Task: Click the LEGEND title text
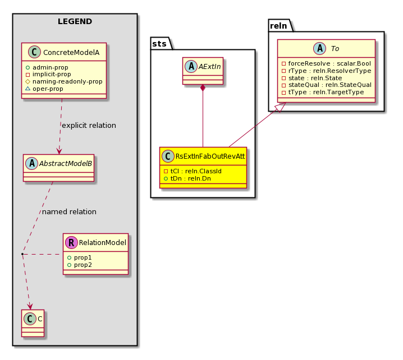tap(75, 21)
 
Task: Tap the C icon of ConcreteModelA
tap(34, 52)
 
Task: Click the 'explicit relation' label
tap(89, 125)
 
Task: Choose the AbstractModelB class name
tap(66, 163)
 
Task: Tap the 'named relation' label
tap(69, 211)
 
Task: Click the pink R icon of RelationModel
tap(71, 242)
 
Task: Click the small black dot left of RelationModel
tap(22, 254)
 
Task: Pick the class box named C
tap(33, 323)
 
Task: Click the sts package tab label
tap(159, 44)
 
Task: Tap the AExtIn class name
tap(209, 67)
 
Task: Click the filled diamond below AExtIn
tap(203, 88)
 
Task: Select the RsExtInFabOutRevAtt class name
tap(210, 156)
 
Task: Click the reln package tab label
tap(278, 26)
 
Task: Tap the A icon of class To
tap(320, 48)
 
